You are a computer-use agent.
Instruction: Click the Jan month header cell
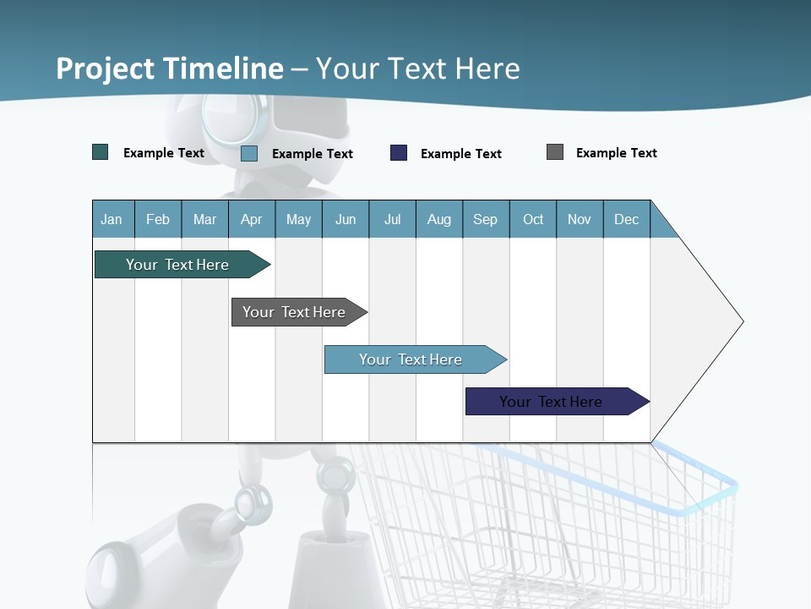pyautogui.click(x=112, y=219)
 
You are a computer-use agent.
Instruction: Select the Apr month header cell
pyautogui.click(x=252, y=219)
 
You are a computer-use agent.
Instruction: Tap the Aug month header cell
pyautogui.click(x=439, y=219)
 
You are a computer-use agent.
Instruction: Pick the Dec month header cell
pyautogui.click(x=627, y=219)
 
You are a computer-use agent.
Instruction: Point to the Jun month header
pyautogui.click(x=346, y=219)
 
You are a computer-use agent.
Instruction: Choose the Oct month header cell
pyautogui.click(x=533, y=219)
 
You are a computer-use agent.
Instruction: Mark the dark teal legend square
pyautogui.click(x=101, y=152)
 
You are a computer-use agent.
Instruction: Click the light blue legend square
pyautogui.click(x=249, y=153)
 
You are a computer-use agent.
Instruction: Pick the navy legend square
pyautogui.click(x=399, y=153)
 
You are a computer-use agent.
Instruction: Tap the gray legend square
pyautogui.click(x=555, y=152)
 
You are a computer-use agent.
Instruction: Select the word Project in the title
pyautogui.click(x=106, y=69)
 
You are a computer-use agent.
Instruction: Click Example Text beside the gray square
pyautogui.click(x=616, y=153)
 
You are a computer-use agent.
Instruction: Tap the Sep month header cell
pyautogui.click(x=486, y=219)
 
